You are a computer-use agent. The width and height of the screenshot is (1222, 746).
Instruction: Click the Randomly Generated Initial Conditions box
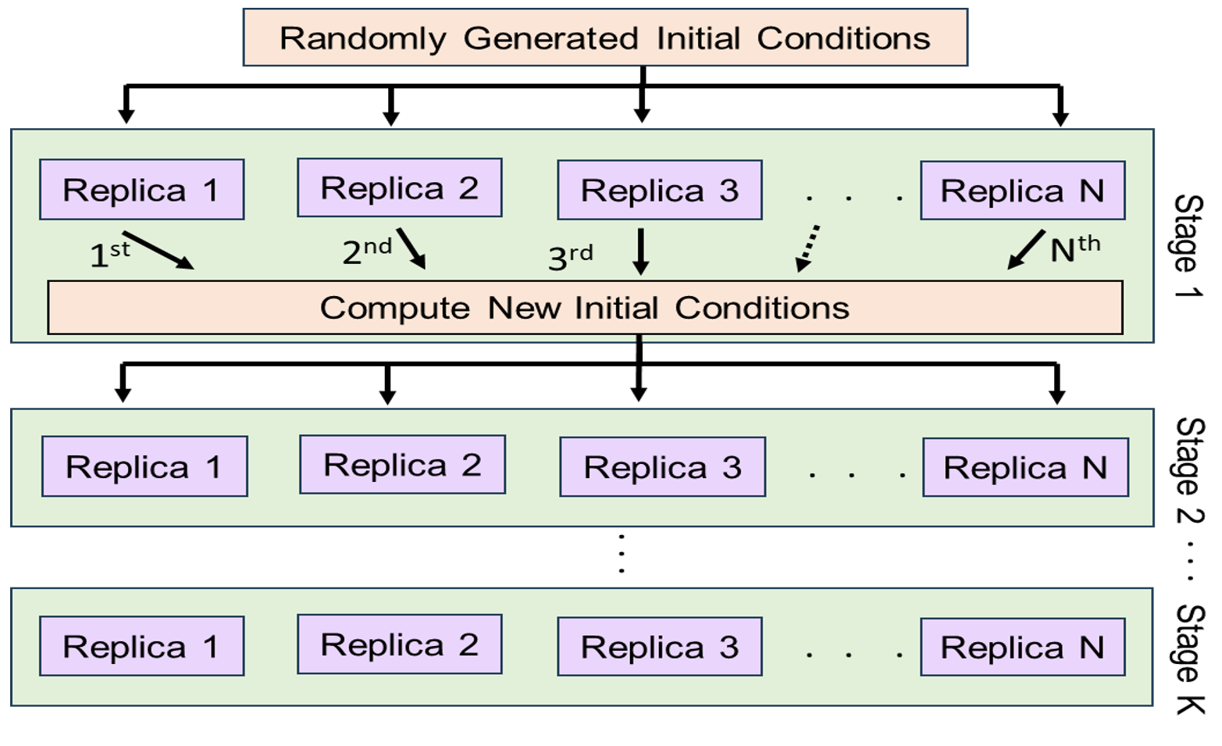[605, 37]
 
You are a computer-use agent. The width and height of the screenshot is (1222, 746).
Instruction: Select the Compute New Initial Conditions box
[585, 308]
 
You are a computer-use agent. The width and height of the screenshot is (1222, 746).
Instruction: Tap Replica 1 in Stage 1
[141, 190]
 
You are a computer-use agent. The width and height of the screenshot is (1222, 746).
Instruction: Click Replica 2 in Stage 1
[399, 188]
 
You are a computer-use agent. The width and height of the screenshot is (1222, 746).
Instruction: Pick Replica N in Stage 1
[1022, 191]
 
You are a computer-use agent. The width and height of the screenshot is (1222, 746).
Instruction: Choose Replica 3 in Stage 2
[662, 467]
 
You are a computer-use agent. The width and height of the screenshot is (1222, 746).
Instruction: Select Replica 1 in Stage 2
[144, 466]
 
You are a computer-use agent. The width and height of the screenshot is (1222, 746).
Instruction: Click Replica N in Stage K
[1022, 647]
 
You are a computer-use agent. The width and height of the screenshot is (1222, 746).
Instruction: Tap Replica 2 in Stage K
[399, 644]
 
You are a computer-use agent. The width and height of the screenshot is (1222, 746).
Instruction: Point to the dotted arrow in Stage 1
[807, 248]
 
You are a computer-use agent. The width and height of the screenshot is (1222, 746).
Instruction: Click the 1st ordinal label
[109, 254]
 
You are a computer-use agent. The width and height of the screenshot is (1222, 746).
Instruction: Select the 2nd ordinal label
[366, 251]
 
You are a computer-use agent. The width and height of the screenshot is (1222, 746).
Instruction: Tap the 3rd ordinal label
[570, 256]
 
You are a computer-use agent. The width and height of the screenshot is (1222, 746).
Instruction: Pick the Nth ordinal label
[1074, 248]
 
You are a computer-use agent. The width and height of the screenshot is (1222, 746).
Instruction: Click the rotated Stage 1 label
[1188, 245]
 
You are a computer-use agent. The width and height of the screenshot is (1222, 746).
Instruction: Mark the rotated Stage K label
[1189, 659]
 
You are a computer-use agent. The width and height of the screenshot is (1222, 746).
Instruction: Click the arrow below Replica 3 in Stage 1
[640, 251]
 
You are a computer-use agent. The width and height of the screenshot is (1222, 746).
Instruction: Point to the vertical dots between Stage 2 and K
[622, 554]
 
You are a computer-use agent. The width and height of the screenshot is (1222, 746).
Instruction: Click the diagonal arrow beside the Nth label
[1026, 249]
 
